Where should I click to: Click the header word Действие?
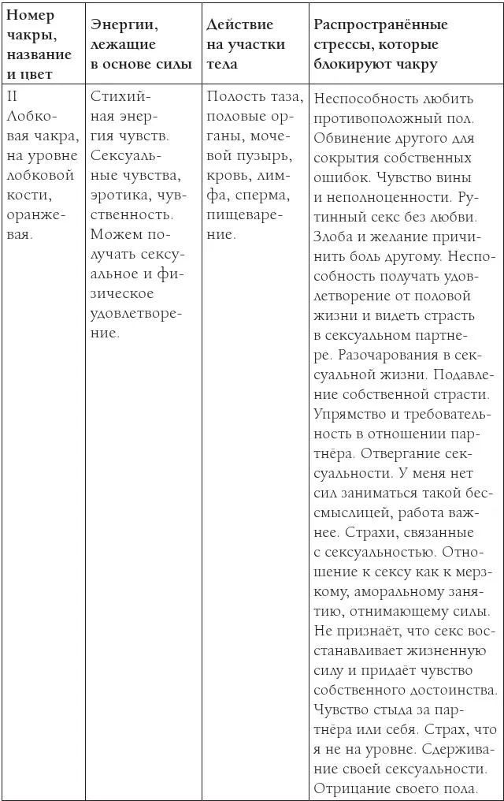click(240, 24)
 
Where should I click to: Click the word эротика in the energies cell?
click(117, 194)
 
